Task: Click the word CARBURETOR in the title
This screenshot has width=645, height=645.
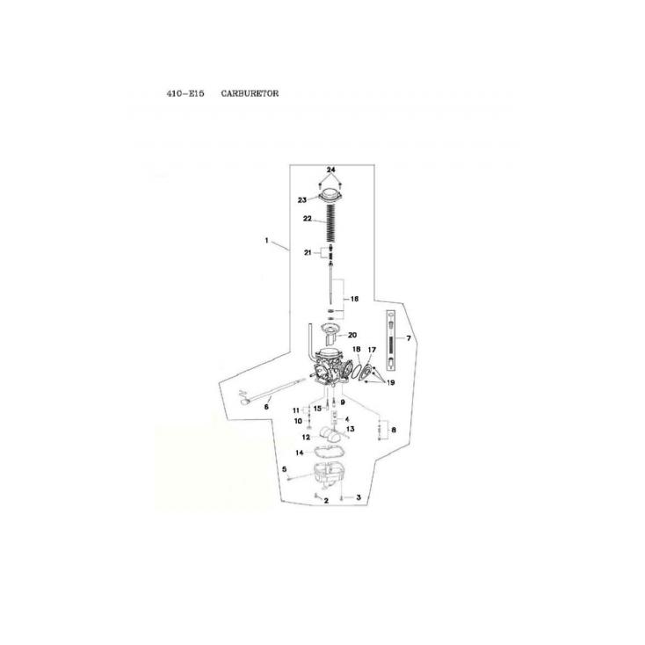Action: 250,93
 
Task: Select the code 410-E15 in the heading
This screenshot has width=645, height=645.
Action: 185,93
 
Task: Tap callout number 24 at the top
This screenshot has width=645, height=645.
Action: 331,170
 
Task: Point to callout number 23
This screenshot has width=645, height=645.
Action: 302,200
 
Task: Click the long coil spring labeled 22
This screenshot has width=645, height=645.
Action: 331,223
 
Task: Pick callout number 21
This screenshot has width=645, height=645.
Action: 308,252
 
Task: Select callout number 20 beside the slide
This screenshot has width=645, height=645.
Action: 352,335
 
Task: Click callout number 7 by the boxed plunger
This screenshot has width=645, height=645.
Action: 409,338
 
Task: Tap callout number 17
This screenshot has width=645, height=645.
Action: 372,350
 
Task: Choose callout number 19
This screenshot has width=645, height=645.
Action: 391,382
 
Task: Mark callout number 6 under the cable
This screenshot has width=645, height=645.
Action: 266,407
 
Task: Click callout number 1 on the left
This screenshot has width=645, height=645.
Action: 266,240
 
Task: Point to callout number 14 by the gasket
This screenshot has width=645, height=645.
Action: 300,453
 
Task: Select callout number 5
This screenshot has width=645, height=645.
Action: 284,469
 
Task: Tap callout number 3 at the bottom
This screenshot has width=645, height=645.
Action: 359,497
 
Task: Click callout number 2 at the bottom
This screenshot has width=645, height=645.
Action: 326,501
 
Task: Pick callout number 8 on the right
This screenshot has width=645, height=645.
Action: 394,430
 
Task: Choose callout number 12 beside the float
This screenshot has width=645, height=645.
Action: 306,437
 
